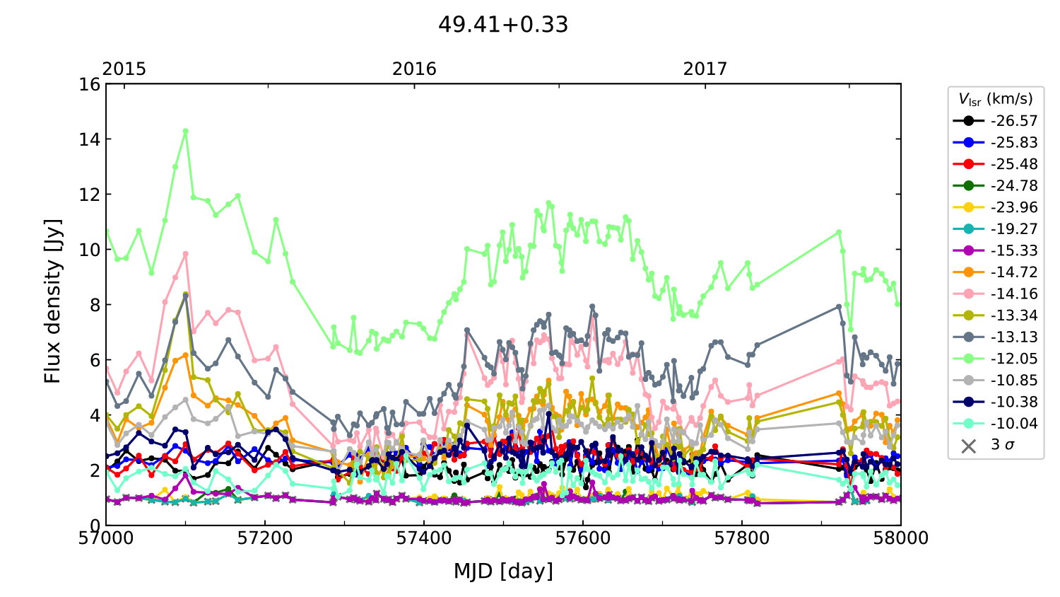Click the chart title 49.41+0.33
503,25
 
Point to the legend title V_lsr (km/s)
995,99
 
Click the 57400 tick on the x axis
424,538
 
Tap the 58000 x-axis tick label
900,538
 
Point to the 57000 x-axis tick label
106,538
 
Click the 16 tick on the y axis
90,85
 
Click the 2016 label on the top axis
414,69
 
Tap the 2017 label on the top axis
705,69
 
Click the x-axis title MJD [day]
503,571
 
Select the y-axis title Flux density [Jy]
53,301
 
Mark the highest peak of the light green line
186,131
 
